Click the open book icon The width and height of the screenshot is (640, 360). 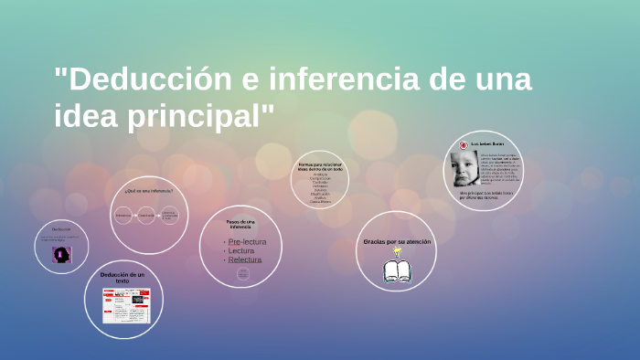pyautogui.click(x=397, y=270)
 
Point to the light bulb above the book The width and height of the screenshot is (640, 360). pyautogui.click(x=397, y=251)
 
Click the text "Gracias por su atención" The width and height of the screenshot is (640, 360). pyautogui.click(x=396, y=241)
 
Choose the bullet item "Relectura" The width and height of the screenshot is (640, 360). pyautogui.click(x=244, y=259)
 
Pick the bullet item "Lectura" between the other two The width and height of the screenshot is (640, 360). pyautogui.click(x=241, y=250)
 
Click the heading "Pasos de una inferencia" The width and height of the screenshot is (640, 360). pyautogui.click(x=241, y=223)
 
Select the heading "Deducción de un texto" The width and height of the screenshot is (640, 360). pyautogui.click(x=122, y=277)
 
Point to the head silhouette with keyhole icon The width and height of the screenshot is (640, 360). pyautogui.click(x=61, y=253)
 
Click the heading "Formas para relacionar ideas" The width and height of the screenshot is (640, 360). pyautogui.click(x=320, y=167)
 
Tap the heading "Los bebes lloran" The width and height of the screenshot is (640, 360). pyautogui.click(x=487, y=144)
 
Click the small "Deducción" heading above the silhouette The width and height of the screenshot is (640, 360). pyautogui.click(x=61, y=228)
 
